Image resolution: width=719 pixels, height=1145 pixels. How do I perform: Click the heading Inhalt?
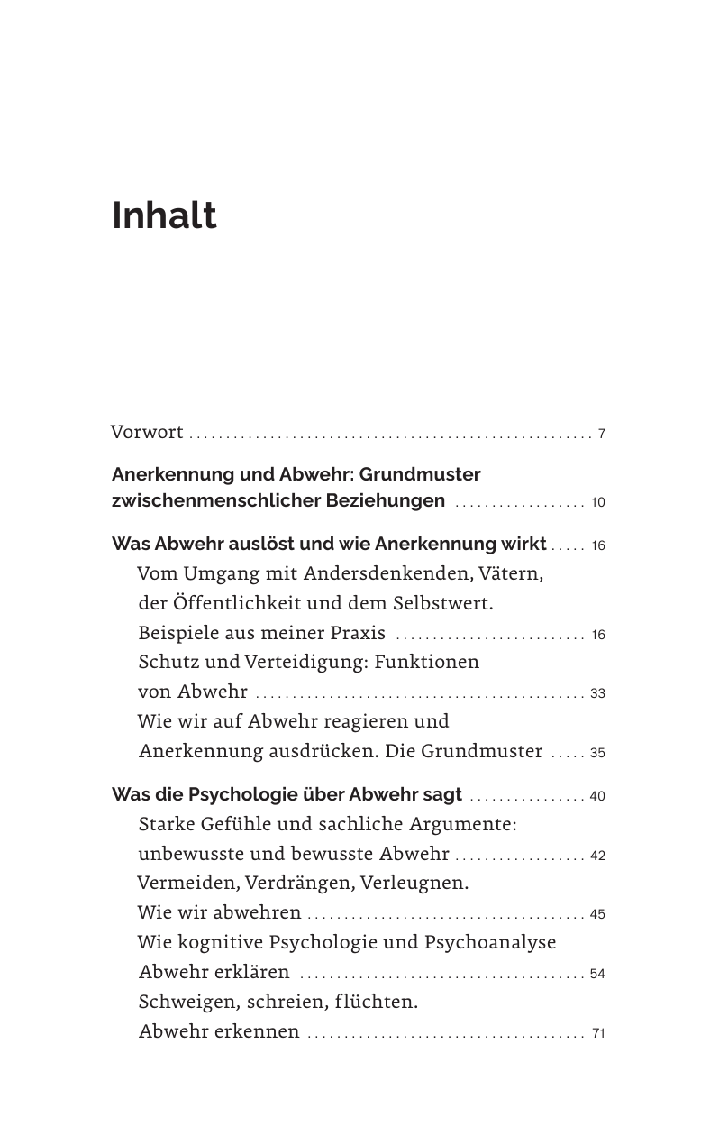[164, 216]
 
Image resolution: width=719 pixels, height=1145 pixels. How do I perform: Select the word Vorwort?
[147, 433]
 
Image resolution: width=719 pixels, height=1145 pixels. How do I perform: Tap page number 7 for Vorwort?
[601, 435]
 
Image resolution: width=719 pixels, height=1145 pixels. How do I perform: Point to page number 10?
[598, 502]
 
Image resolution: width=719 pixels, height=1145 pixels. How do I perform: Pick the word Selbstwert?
[442, 602]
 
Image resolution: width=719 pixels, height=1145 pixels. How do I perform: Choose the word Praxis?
[353, 633]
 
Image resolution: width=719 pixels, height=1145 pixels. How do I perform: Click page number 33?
[597, 694]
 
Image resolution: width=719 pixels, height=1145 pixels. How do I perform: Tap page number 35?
[597, 754]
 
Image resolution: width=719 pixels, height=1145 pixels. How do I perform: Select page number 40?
[597, 797]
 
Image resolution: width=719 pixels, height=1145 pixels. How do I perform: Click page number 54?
[597, 975]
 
